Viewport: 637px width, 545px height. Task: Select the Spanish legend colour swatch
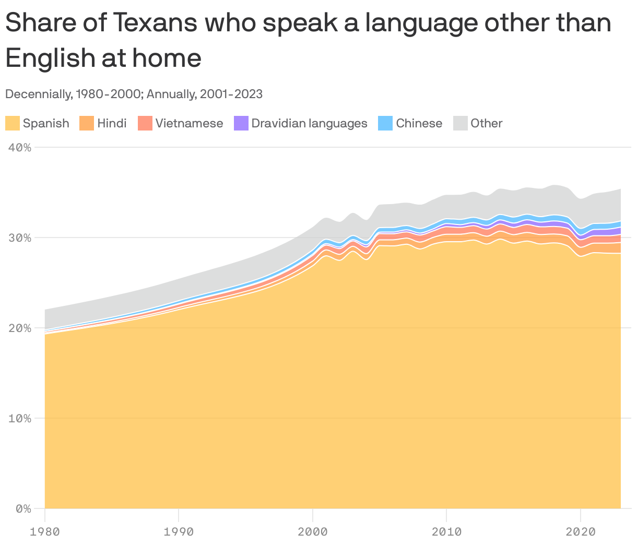(13, 123)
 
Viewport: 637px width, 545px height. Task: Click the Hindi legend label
(112, 123)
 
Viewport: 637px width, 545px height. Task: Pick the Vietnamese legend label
(189, 123)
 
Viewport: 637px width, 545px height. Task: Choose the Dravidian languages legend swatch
(241, 123)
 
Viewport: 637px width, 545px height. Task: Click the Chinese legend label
(419, 123)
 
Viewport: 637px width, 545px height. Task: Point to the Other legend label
(486, 123)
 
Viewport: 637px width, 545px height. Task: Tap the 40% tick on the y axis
(20, 147)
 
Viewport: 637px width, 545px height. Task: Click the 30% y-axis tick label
(20, 238)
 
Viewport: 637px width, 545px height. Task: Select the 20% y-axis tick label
(20, 328)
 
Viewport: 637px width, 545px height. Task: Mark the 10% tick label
(20, 418)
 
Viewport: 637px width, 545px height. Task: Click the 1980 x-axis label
(45, 531)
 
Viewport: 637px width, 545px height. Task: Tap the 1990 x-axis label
(179, 531)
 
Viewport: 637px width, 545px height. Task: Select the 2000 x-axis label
(313, 531)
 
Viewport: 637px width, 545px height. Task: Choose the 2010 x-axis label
(446, 531)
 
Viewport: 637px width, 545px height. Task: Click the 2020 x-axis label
(581, 531)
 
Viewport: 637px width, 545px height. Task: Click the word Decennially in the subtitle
(38, 94)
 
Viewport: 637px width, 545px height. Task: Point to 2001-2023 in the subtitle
(230, 94)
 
